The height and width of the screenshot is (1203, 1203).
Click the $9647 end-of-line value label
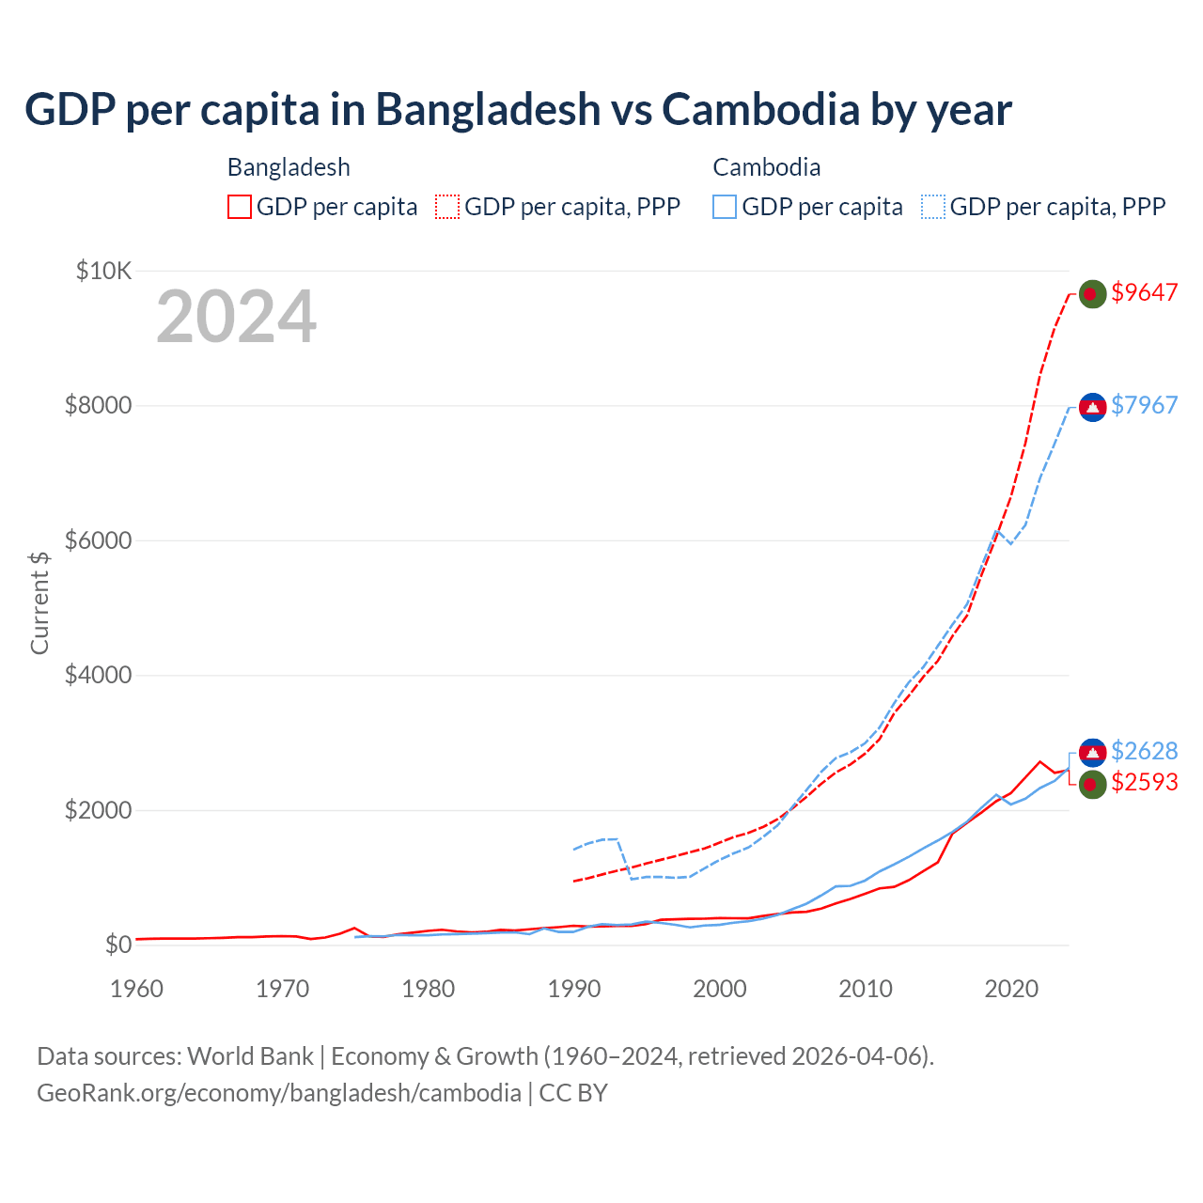pos(1144,293)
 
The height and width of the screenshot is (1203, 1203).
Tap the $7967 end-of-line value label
pos(1144,406)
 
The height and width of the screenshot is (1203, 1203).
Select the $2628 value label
pos(1144,752)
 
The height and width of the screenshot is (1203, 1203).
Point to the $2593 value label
pos(1144,783)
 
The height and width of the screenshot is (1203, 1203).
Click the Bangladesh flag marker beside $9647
pos(1091,294)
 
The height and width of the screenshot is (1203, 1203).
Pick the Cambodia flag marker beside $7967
pos(1092,407)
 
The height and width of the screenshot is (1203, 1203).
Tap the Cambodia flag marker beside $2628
pos(1092,753)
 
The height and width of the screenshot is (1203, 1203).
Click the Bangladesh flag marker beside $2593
pos(1092,784)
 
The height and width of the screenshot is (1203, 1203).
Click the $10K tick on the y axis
pos(103,272)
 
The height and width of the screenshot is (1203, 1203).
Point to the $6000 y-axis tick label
pos(98,541)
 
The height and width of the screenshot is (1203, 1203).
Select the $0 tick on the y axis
pos(117,945)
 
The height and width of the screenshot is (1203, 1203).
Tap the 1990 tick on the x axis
pos(574,989)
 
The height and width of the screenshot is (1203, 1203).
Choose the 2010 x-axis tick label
pos(866,989)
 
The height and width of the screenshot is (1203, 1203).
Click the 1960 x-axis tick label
pos(137,989)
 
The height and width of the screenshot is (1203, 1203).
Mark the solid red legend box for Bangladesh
pos(240,207)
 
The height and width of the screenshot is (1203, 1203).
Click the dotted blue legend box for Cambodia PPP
pos(933,207)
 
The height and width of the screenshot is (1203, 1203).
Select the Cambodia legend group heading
pos(767,167)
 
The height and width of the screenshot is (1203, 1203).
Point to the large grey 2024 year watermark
pos(236,317)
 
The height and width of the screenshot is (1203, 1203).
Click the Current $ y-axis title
pos(39,603)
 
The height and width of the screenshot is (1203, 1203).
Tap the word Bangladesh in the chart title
pos(488,109)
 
